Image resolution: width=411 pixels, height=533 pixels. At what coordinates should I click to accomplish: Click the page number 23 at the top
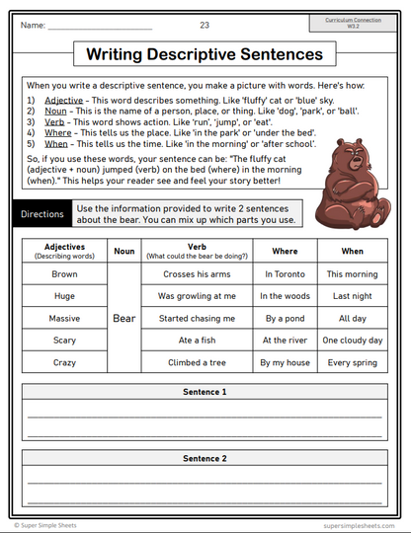point(205,25)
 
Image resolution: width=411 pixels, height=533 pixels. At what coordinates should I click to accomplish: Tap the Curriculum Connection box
point(356,23)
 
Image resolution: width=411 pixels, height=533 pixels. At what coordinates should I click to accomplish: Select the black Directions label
point(42,214)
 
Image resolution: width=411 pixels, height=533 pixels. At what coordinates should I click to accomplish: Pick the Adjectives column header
point(64,251)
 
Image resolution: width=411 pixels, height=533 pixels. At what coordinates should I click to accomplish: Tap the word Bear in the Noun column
point(123,319)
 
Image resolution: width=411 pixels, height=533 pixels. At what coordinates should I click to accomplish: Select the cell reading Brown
point(64,274)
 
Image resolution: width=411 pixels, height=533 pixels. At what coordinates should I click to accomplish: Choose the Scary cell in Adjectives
point(64,341)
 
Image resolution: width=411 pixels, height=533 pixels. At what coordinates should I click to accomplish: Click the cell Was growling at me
point(197,296)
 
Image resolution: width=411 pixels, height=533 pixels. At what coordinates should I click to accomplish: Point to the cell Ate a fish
point(197,341)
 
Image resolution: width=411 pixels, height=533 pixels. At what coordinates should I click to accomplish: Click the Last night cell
point(353,296)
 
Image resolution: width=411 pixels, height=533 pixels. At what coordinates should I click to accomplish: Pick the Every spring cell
point(353,363)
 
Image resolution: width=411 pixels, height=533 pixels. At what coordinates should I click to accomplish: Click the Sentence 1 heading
point(205,392)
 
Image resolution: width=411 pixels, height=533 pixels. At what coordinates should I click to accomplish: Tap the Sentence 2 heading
point(205,459)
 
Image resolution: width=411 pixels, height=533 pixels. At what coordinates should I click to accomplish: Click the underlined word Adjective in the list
point(64,101)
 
